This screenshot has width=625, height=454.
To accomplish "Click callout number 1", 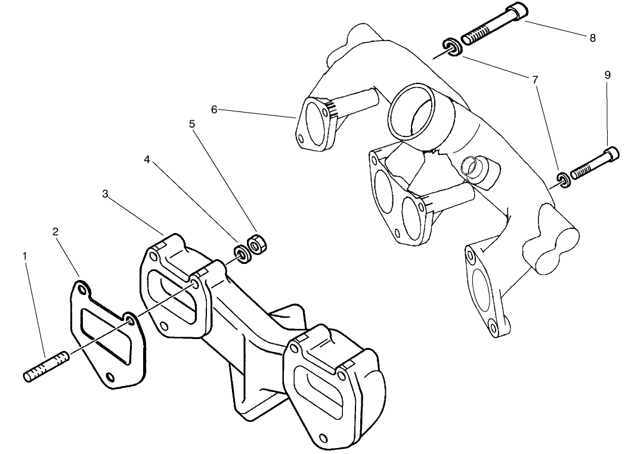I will click(x=24, y=256).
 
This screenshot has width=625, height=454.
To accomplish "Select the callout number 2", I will click(x=55, y=232).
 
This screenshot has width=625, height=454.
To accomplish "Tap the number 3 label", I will click(x=105, y=194).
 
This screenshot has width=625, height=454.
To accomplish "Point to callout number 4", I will click(x=147, y=160).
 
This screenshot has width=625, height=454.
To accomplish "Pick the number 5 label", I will click(x=192, y=125).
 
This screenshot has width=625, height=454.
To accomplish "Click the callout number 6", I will click(x=215, y=109).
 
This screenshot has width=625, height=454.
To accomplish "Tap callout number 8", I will click(x=592, y=38).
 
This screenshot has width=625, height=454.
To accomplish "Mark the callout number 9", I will click(x=607, y=75).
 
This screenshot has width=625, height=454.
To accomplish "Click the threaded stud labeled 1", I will click(x=47, y=366).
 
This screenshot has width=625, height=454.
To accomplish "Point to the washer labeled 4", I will click(x=242, y=254).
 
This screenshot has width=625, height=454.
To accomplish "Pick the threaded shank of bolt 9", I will click(x=587, y=166).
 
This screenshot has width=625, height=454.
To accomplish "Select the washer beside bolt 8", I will click(x=451, y=47).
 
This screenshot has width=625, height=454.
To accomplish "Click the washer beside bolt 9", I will click(x=562, y=179).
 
